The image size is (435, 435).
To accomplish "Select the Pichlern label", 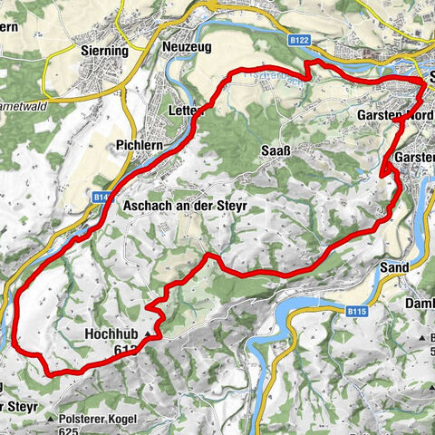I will coord(139,144).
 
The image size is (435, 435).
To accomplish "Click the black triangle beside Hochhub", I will coord(146,334).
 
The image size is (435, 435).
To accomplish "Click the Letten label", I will coord(185,111).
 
